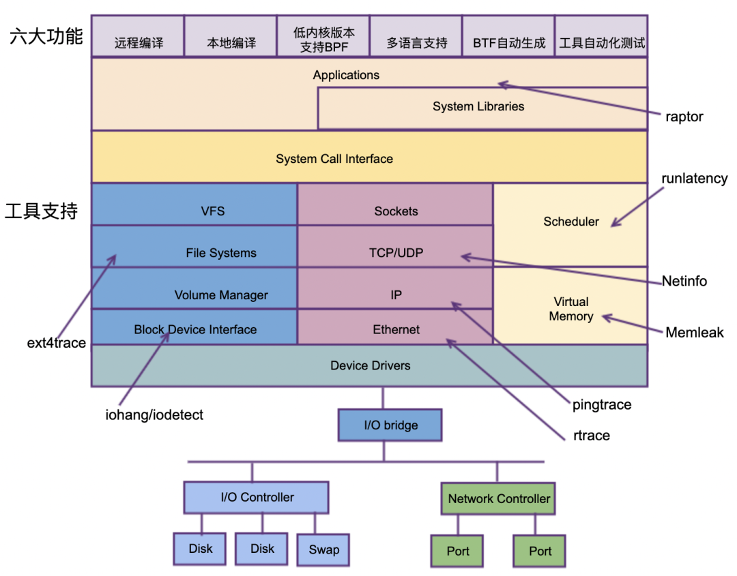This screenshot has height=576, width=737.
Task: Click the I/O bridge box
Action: (390, 425)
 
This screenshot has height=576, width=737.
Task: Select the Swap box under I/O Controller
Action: (323, 549)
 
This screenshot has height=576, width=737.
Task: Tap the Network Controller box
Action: (498, 499)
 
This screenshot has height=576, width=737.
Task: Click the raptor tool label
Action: (684, 117)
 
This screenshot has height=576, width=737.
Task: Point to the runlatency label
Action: (695, 179)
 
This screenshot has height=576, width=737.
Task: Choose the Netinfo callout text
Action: (684, 281)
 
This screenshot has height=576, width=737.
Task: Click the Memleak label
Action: (695, 333)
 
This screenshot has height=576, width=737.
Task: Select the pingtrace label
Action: (602, 405)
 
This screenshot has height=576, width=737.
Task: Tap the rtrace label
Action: (592, 436)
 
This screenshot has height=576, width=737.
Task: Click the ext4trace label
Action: (57, 343)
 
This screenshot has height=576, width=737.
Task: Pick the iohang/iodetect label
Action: (154, 414)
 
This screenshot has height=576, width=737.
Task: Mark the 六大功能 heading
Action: (46, 37)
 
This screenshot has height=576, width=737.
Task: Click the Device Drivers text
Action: (370, 366)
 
